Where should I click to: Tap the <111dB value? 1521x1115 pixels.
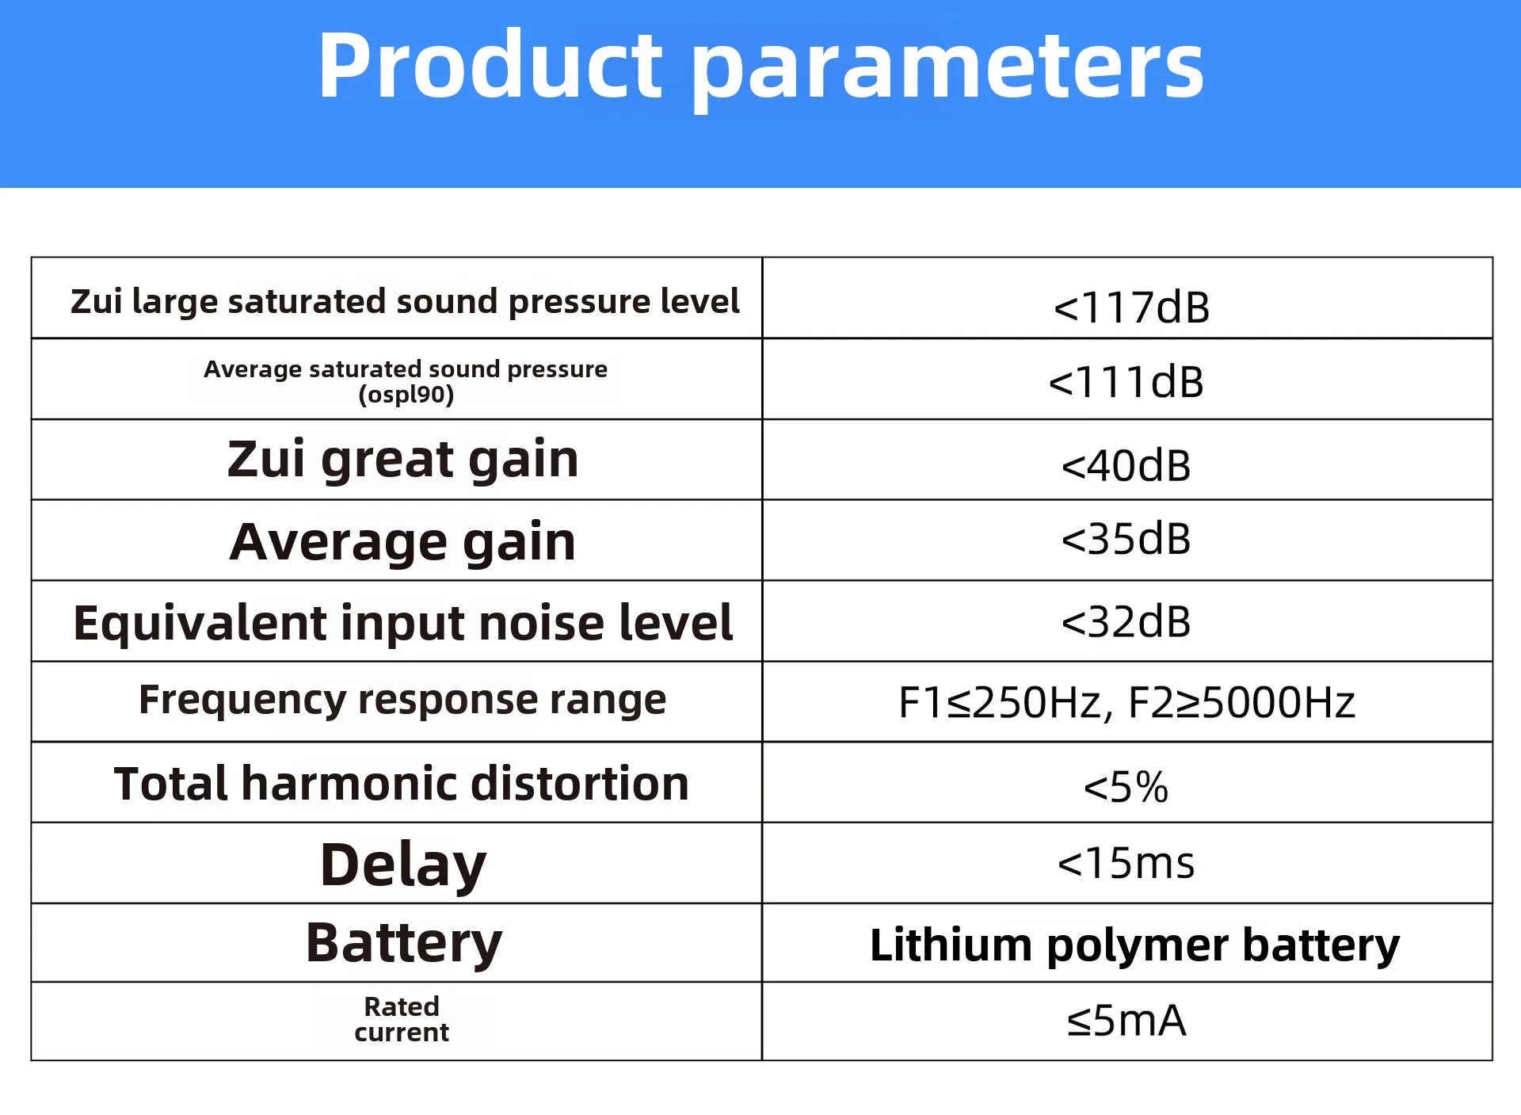pyautogui.click(x=1126, y=382)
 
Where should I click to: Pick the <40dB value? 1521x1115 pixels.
pyautogui.click(x=1126, y=465)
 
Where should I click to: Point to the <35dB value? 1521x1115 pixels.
pyautogui.click(x=1126, y=539)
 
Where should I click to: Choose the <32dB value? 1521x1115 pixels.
pyautogui.click(x=1126, y=621)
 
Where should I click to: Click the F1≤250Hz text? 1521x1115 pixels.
pyautogui.click(x=1001, y=703)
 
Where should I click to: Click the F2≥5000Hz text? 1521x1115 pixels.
pyautogui.click(x=1241, y=703)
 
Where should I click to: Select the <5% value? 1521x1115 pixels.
pyautogui.click(x=1126, y=787)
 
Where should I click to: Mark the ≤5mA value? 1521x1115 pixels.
pyautogui.click(x=1126, y=1020)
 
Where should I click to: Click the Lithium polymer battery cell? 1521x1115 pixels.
pyautogui.click(x=1134, y=945)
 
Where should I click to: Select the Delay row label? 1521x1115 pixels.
pyautogui.click(x=403, y=865)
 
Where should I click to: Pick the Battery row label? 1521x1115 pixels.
pyautogui.click(x=404, y=944)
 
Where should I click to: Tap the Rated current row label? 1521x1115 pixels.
pyautogui.click(x=402, y=1019)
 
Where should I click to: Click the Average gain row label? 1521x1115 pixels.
pyautogui.click(x=402, y=543)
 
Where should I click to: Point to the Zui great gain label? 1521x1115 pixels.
pyautogui.click(x=402, y=460)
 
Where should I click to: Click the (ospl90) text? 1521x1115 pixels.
pyautogui.click(x=406, y=394)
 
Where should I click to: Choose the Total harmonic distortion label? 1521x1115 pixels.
pyautogui.click(x=402, y=784)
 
